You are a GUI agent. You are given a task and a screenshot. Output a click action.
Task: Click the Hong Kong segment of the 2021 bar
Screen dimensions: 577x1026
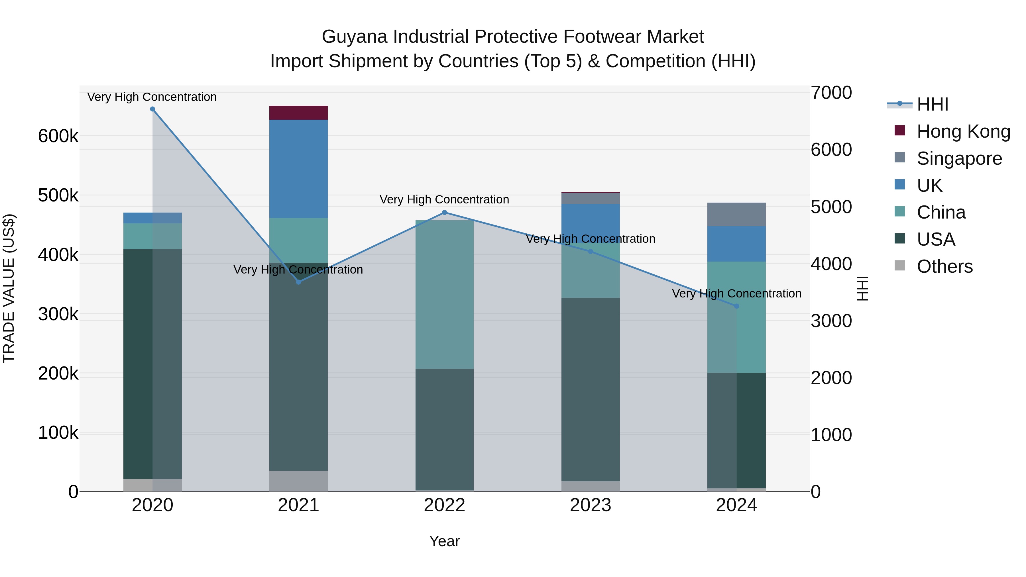click(x=298, y=113)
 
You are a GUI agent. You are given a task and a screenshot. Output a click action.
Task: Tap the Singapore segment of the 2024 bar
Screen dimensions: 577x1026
click(x=736, y=214)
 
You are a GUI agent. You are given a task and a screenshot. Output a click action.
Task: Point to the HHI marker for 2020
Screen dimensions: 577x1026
click(x=152, y=109)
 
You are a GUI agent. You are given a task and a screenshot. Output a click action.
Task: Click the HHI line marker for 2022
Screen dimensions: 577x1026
click(x=445, y=213)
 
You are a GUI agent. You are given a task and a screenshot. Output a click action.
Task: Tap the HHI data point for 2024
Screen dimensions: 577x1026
click(x=736, y=306)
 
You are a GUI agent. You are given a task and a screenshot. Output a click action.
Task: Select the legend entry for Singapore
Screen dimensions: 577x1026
click(x=959, y=158)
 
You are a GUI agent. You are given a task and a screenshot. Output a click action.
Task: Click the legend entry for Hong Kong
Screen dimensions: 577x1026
click(x=963, y=131)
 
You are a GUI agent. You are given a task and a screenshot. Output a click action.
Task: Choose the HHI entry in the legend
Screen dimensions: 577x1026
click(x=932, y=104)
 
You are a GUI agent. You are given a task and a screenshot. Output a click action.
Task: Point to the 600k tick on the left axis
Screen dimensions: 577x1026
click(x=58, y=136)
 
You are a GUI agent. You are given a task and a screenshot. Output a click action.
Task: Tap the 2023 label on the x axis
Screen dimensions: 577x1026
click(x=590, y=505)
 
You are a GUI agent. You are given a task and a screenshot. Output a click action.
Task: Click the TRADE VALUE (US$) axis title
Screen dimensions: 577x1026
click(x=9, y=288)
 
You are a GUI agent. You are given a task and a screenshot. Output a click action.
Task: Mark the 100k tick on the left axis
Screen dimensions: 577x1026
click(x=58, y=433)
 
